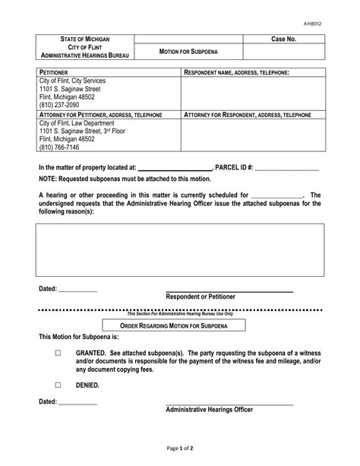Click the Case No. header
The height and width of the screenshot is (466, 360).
click(283, 39)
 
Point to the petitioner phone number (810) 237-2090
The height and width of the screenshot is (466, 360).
click(61, 105)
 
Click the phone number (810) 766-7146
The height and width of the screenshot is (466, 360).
click(61, 147)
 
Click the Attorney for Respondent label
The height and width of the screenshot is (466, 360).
click(248, 114)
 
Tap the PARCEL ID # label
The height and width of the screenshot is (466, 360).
click(238, 167)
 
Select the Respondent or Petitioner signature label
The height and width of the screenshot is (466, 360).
click(201, 296)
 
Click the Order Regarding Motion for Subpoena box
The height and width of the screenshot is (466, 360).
click(181, 325)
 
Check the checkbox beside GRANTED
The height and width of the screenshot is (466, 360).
click(58, 354)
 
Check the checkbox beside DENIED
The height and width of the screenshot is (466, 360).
click(58, 385)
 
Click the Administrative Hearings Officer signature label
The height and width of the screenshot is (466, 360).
click(210, 409)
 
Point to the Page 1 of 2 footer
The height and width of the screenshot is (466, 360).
click(180, 449)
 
